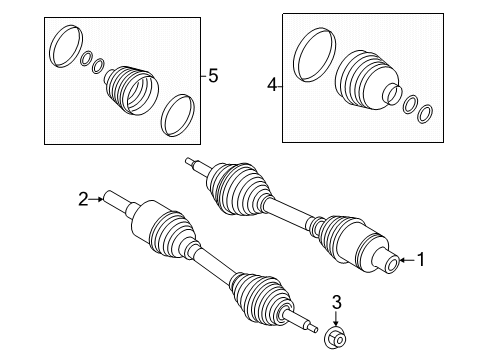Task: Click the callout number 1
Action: pos(421,260)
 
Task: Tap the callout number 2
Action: pos(83,199)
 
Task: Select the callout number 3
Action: pos(337,302)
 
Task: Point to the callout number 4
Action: pos(272,85)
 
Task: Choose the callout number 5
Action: pos(213,75)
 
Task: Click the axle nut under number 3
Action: pos(335,339)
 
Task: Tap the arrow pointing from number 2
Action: pos(96,199)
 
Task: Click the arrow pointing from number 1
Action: pos(408,260)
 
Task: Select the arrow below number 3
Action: pos(336,318)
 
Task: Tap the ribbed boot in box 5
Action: pos(131,91)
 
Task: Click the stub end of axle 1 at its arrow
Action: pos(387,262)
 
